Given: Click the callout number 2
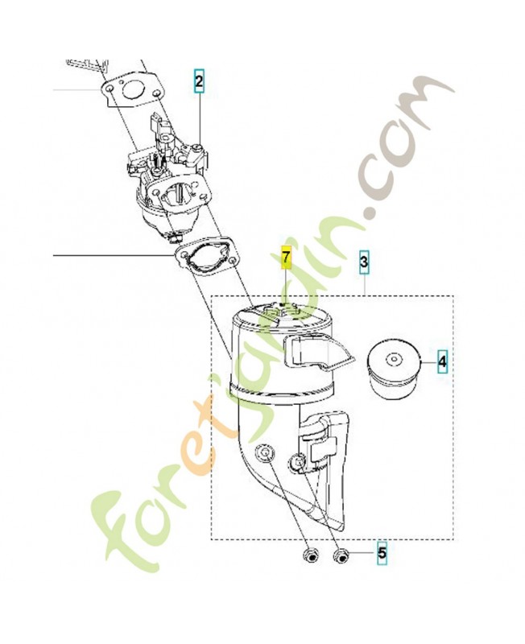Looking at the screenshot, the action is click(199, 81).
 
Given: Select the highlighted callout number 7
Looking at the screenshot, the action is click(286, 258).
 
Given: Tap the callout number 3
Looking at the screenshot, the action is click(364, 262).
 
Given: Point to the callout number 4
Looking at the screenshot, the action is click(442, 361).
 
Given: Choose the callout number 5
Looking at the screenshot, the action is click(382, 552).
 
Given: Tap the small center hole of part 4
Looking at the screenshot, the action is click(394, 360).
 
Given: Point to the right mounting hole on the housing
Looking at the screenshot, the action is click(298, 461).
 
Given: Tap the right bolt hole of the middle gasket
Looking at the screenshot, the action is click(232, 262).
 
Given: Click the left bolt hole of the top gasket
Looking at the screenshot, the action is click(109, 89).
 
